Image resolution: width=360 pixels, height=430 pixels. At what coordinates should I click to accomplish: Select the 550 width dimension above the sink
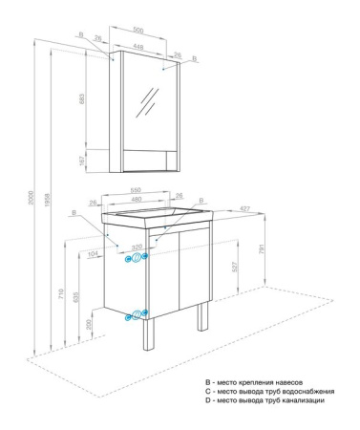[x=136, y=189]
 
